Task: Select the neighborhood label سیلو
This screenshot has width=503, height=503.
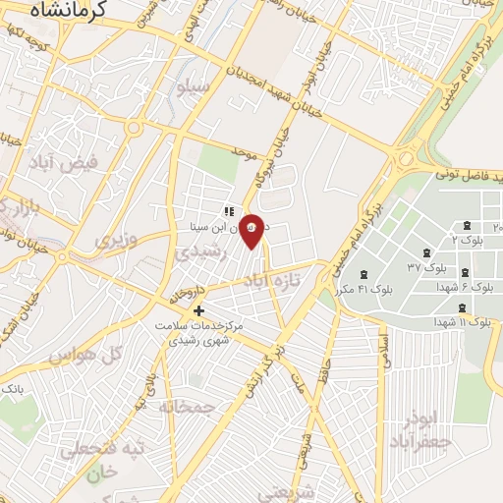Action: pyautogui.click(x=194, y=87)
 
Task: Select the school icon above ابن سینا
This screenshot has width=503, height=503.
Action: pyautogui.click(x=228, y=210)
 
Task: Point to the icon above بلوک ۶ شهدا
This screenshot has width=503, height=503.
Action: pyautogui.click(x=465, y=273)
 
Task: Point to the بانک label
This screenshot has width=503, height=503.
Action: pyautogui.click(x=12, y=390)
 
